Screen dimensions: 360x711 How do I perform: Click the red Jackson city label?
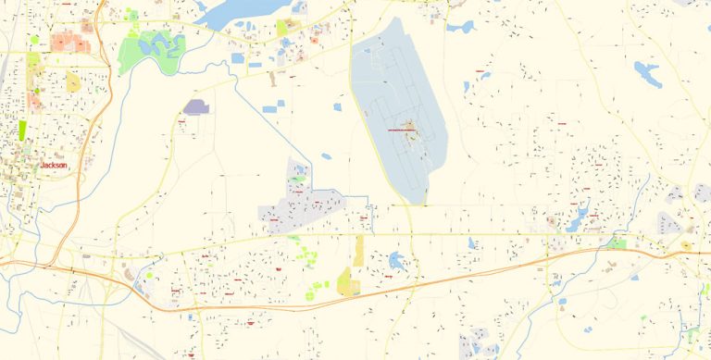click(x=54, y=166)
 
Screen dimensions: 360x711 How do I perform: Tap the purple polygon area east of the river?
click(x=196, y=107)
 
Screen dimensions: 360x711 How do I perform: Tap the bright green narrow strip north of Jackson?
click(x=22, y=130)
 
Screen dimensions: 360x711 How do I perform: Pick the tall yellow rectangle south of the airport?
click(x=358, y=250)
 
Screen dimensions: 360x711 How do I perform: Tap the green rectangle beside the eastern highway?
click(x=616, y=243)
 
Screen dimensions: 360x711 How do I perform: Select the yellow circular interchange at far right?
click(x=687, y=246)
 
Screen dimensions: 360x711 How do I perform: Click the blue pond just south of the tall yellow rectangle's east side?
click(x=397, y=262)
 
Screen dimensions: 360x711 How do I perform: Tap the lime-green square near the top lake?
click(x=282, y=28)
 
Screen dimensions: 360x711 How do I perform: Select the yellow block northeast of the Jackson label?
click(x=72, y=82)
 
